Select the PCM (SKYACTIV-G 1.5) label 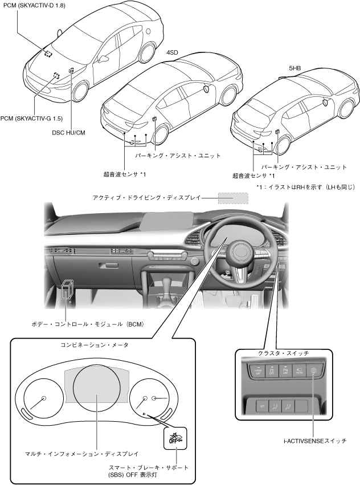(31, 118)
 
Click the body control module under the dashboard (67, 290)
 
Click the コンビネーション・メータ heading (95, 345)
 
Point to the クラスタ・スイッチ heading (283, 353)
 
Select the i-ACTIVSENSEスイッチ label (315, 441)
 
